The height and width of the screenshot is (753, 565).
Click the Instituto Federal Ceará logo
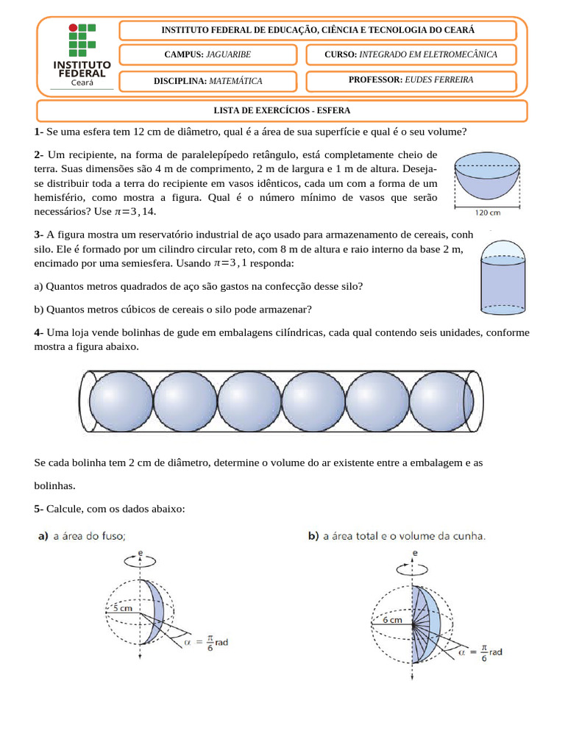coord(82,56)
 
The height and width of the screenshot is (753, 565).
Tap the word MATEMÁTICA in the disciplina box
coord(235,81)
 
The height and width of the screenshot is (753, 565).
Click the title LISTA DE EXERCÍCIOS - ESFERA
coord(282,111)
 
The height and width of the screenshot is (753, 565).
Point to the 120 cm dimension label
coord(487,214)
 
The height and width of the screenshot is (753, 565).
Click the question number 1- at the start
coord(39,132)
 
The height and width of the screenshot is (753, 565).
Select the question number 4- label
coord(39,333)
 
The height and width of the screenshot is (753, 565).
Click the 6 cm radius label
coord(391,620)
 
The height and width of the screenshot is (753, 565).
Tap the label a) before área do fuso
coord(43,537)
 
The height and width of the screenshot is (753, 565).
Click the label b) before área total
coord(313,537)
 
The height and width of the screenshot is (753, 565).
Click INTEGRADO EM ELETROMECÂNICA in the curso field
coord(427,55)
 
